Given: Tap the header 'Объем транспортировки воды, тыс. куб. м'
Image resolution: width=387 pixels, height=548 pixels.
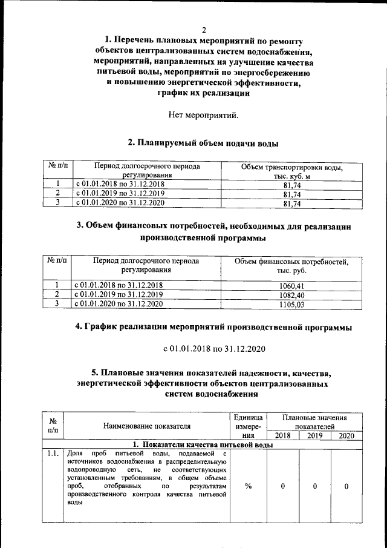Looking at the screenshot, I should [291, 171].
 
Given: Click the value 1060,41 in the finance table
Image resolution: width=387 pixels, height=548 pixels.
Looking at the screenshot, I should [291, 285].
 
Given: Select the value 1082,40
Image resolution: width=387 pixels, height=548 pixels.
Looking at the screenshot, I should [291, 295].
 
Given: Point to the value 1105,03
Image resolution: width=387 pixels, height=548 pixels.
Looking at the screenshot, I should [291, 305].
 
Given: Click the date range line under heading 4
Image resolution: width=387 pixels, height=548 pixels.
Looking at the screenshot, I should [212, 349].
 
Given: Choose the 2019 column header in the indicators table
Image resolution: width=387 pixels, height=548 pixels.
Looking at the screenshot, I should [314, 435].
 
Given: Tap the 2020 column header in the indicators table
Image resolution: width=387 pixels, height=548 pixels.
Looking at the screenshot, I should [346, 435].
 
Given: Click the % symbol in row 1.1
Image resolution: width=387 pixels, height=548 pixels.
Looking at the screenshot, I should [248, 486].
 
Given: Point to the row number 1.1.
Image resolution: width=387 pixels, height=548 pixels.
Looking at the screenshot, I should [51, 454].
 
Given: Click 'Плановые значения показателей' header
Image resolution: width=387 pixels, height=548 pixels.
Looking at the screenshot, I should [314, 421].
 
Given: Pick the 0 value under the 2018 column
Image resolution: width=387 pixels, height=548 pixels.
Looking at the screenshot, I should [282, 486].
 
